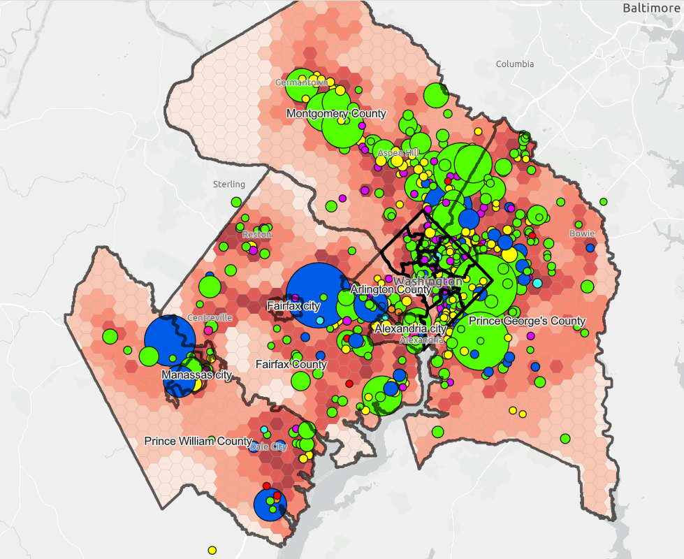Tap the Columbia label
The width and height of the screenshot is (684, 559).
click(514, 64)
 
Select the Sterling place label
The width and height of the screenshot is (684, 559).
click(228, 184)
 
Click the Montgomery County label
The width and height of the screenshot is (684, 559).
click(336, 113)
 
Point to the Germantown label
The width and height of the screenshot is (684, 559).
click(300, 82)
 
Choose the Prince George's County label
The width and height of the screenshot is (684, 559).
click(527, 321)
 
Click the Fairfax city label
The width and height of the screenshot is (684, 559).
click(293, 306)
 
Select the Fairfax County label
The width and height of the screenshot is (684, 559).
click(291, 365)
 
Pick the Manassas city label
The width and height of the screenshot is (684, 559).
click(196, 375)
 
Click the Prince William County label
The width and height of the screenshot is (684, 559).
click(198, 442)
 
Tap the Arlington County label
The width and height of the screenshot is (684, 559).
click(391, 289)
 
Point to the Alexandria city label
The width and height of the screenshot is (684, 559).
click(410, 328)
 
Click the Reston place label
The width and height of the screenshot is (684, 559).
click(252, 235)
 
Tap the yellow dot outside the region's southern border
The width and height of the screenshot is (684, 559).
click(212, 550)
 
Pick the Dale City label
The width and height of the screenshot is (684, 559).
click(268, 447)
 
